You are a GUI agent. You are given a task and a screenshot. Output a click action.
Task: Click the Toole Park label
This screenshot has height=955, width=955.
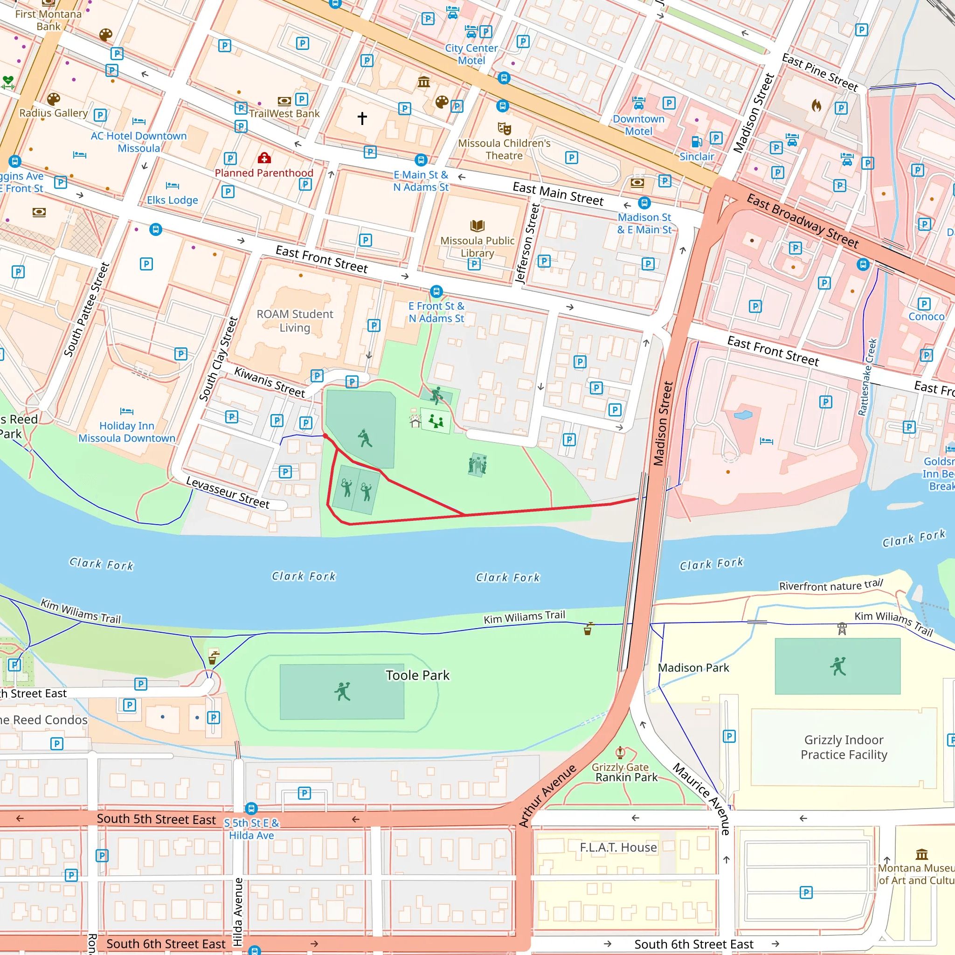click(x=417, y=675)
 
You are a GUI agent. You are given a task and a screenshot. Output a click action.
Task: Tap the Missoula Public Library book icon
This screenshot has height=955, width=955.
click(x=477, y=226)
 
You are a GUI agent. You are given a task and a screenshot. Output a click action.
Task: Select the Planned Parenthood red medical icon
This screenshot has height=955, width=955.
click(x=264, y=158)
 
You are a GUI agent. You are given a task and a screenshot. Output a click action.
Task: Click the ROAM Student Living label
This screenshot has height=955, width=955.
click(x=295, y=321)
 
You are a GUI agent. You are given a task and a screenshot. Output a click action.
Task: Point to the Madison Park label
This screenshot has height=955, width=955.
click(x=693, y=668)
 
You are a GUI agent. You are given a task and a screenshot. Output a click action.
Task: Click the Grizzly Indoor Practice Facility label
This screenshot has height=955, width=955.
click(x=844, y=747)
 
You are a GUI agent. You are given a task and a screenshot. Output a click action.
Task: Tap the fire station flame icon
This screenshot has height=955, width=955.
click(x=816, y=105)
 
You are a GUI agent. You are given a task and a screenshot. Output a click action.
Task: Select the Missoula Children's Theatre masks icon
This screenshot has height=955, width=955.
click(x=504, y=129)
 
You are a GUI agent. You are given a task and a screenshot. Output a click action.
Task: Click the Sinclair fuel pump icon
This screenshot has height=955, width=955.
click(x=696, y=142)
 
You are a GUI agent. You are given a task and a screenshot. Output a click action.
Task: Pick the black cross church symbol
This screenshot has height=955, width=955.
click(x=362, y=118)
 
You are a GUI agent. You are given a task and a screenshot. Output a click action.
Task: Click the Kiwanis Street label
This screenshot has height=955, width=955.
click(x=270, y=382)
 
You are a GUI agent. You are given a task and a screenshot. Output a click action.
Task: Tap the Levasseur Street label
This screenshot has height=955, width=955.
click(x=228, y=492)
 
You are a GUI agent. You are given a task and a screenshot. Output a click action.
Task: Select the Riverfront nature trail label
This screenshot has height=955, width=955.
click(x=830, y=585)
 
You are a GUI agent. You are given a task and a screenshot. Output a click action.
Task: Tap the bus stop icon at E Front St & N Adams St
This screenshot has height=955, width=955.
click(x=436, y=291)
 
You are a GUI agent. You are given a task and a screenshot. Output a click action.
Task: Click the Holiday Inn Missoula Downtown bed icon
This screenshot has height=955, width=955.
click(x=126, y=411)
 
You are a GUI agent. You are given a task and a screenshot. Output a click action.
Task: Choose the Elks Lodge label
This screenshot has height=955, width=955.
click(x=172, y=200)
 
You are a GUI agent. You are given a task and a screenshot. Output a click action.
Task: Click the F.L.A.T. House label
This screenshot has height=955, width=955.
click(x=618, y=847)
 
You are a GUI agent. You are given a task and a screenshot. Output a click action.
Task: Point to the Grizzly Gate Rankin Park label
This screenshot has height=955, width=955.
click(x=626, y=773)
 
